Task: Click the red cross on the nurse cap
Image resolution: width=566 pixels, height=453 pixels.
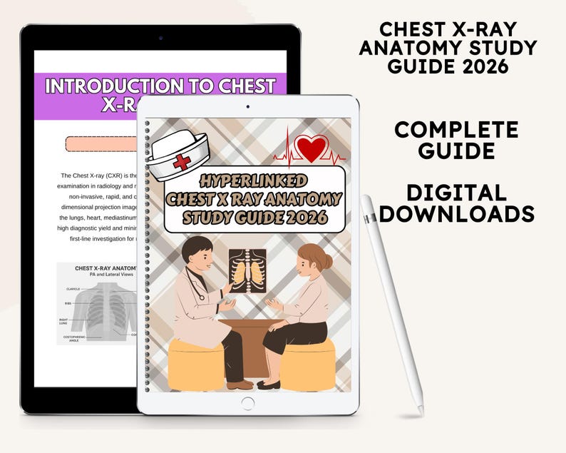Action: (182, 161)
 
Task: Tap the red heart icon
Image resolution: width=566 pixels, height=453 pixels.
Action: (311, 148)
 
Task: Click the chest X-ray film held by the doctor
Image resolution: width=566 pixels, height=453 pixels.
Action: (247, 270)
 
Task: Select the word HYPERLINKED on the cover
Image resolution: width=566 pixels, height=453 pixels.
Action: (254, 180)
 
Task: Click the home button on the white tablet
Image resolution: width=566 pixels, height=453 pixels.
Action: (247, 403)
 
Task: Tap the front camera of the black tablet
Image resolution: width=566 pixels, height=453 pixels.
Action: (160, 38)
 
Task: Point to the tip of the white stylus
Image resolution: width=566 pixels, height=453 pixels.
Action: (421, 412)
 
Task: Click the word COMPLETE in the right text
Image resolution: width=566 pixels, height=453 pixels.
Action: (456, 130)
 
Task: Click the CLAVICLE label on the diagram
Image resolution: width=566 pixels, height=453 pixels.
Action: (72, 289)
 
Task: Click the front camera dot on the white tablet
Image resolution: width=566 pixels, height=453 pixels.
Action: (247, 106)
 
